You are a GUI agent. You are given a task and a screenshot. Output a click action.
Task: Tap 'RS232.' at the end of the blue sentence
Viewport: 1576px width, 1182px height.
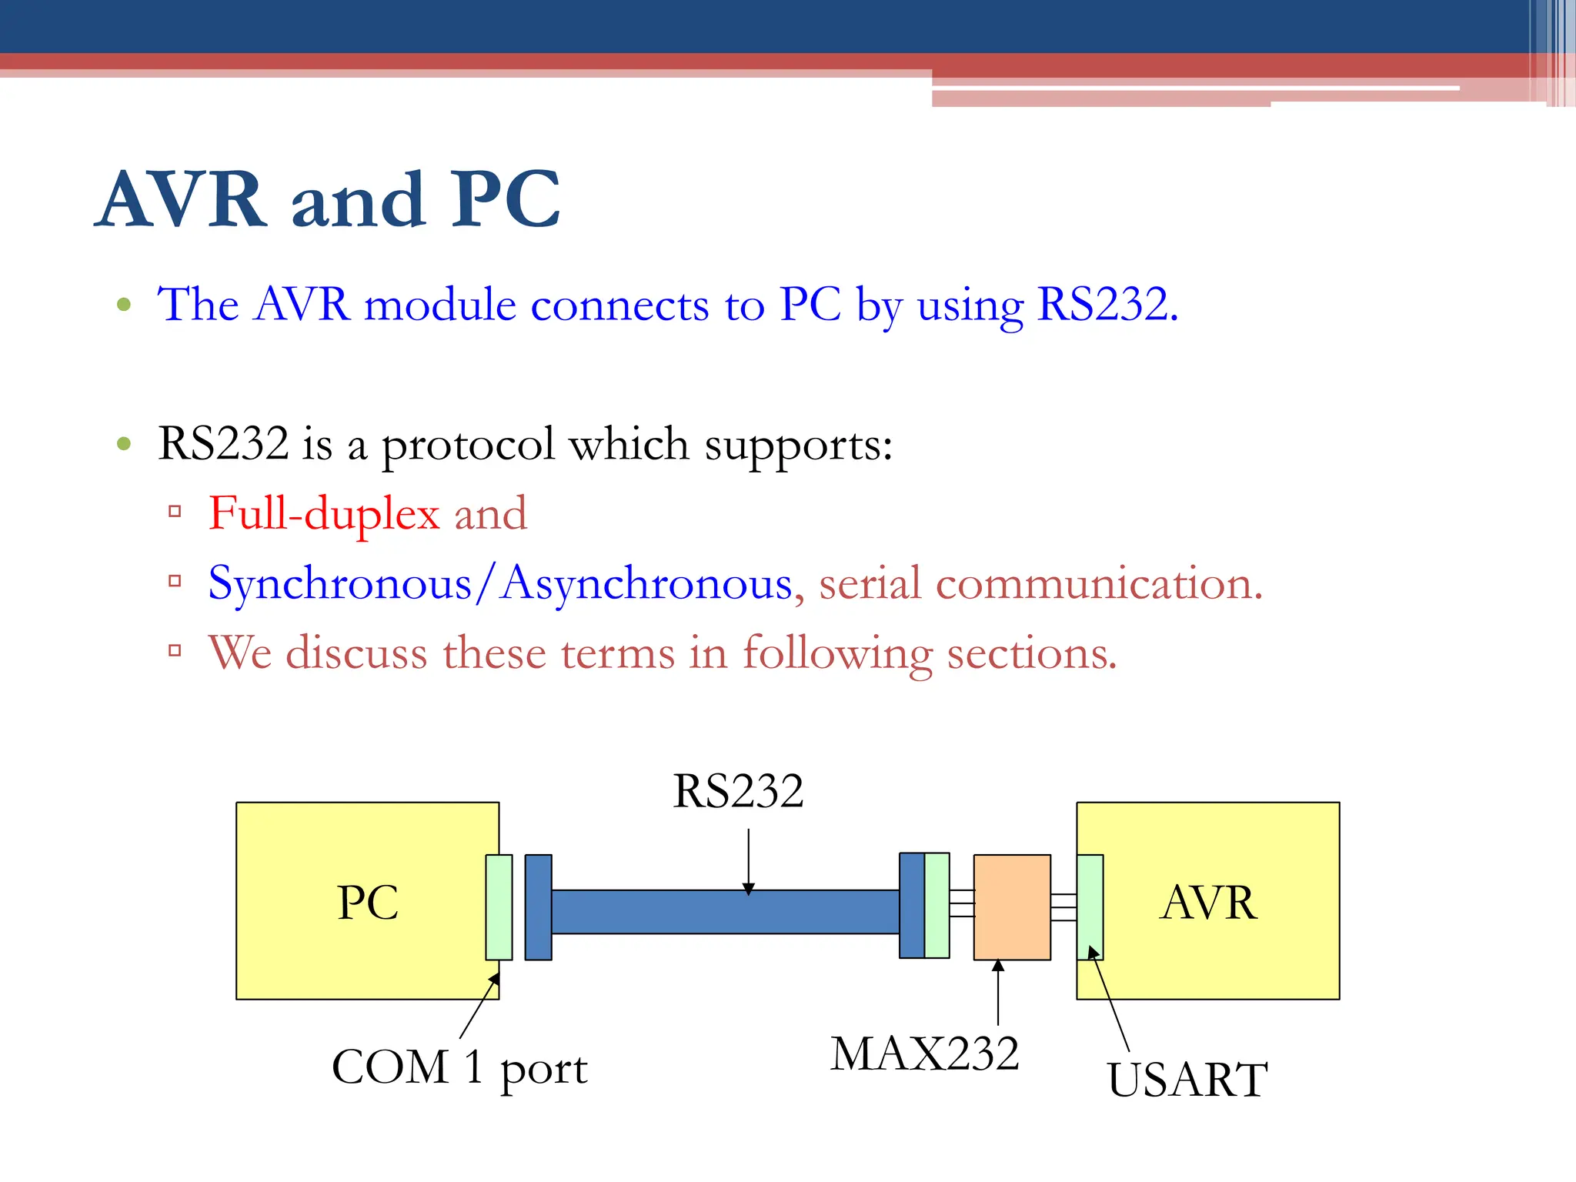point(1107,305)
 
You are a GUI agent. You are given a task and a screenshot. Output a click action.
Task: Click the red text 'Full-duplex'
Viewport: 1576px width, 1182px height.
point(324,514)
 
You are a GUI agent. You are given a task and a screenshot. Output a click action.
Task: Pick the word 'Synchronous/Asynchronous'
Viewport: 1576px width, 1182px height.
point(500,584)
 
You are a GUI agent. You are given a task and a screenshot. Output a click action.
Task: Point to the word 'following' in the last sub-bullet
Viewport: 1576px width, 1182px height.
point(836,653)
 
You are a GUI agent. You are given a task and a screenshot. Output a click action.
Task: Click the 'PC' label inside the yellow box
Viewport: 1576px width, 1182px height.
point(368,903)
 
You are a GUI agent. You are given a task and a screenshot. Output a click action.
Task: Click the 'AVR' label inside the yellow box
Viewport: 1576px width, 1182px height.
point(1208,903)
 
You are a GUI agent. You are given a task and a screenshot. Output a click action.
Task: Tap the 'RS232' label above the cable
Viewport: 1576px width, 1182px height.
point(738,791)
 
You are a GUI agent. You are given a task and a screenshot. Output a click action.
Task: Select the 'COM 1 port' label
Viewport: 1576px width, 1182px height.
point(459,1068)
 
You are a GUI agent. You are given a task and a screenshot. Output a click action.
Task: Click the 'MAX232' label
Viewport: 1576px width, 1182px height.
point(924,1053)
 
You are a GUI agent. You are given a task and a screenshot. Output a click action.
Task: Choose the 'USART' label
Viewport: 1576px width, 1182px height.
point(1187,1080)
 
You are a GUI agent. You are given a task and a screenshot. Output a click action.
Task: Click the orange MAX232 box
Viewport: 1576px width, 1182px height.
point(1012,907)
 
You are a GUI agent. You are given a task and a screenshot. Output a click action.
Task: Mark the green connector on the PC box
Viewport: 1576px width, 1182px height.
point(499,907)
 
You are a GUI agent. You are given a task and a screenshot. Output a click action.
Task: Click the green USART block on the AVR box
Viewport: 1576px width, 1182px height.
point(1090,907)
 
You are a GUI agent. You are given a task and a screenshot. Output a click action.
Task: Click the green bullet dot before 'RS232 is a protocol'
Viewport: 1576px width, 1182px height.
point(124,443)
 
